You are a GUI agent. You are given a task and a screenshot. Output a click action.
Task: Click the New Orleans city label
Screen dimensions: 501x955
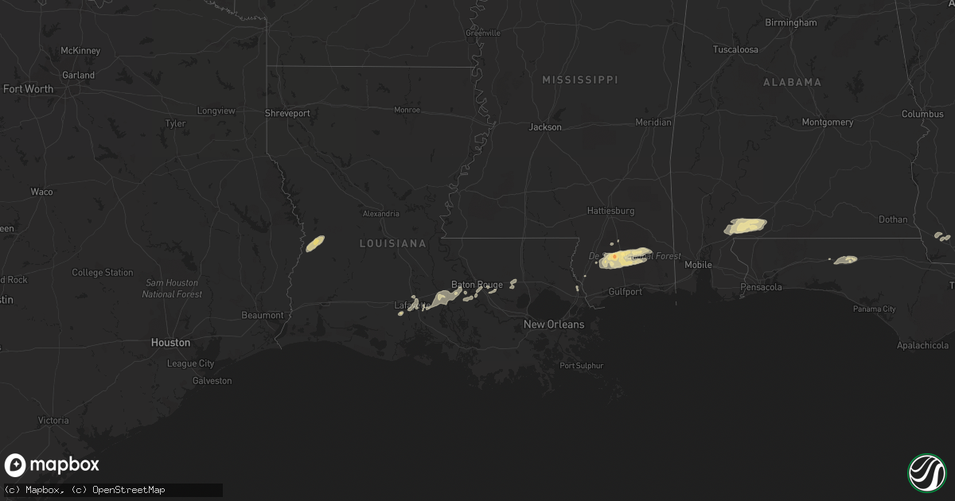pyautogui.click(x=553, y=324)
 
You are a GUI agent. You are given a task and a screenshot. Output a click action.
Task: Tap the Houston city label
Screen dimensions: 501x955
pyautogui.click(x=170, y=343)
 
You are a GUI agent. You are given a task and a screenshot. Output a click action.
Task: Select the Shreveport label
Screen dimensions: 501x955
pyautogui.click(x=287, y=114)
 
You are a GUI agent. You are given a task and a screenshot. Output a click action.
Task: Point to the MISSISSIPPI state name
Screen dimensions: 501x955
pyautogui.click(x=579, y=80)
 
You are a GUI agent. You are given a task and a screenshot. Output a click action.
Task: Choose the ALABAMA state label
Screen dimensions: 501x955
pyautogui.click(x=792, y=83)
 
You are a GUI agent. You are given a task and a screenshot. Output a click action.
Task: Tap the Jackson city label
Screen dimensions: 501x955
pyautogui.click(x=545, y=127)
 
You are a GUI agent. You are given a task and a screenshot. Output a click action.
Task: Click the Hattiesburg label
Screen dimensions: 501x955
pyautogui.click(x=610, y=212)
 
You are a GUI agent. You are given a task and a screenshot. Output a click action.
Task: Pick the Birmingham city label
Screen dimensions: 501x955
pyautogui.click(x=790, y=23)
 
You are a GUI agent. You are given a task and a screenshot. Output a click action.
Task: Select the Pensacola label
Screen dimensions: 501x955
pyautogui.click(x=761, y=287)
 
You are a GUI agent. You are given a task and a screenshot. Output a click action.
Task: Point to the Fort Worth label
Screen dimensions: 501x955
pyautogui.click(x=28, y=89)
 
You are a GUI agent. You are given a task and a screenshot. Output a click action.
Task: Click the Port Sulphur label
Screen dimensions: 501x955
pyautogui.click(x=581, y=366)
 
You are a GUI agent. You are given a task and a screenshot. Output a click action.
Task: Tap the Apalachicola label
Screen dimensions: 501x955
pyautogui.click(x=922, y=346)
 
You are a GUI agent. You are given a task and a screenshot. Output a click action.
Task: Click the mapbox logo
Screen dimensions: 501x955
pyautogui.click(x=52, y=465)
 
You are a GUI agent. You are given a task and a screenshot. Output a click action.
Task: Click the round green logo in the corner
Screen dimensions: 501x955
pyautogui.click(x=926, y=472)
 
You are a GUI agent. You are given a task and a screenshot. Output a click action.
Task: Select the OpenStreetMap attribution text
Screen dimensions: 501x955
pyautogui.click(x=128, y=490)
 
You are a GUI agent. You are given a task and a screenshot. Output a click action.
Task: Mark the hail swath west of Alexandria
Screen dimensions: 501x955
pyautogui.click(x=315, y=243)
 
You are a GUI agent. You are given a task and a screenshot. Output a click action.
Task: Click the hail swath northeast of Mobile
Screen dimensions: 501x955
pyautogui.click(x=745, y=226)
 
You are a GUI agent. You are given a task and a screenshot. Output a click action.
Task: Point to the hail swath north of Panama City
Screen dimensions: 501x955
pyautogui.click(x=845, y=259)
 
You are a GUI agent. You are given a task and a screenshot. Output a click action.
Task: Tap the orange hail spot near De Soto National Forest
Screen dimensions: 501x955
pyautogui.click(x=614, y=257)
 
